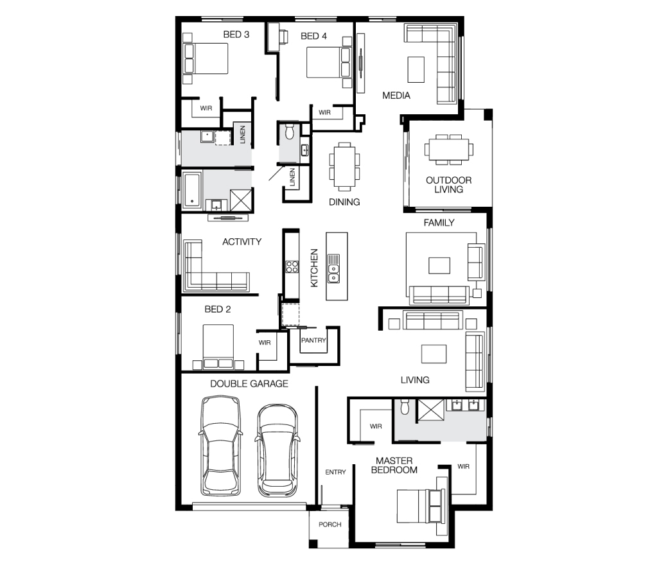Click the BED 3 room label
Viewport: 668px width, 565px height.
pos(236,35)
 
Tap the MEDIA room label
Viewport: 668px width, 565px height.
pos(396,96)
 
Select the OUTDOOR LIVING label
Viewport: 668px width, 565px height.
pos(448,185)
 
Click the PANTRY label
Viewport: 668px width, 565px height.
pos(313,340)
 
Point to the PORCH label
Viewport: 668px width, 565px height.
pos(330,525)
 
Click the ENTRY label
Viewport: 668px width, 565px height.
pos(335,472)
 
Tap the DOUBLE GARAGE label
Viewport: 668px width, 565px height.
pos(249,383)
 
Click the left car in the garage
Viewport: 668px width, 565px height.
pos(220,446)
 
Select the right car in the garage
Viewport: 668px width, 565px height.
pos(277,450)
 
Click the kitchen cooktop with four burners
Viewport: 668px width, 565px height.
pos(292,267)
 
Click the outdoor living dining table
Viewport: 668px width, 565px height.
pos(448,150)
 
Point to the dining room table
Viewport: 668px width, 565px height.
pos(344,166)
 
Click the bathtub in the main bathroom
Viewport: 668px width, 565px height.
pos(192,190)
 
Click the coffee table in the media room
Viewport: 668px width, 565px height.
pos(416,69)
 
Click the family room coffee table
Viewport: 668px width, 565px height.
pos(439,265)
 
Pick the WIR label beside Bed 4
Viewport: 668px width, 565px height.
pos(324,112)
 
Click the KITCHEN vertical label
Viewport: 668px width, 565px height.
pos(314,268)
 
